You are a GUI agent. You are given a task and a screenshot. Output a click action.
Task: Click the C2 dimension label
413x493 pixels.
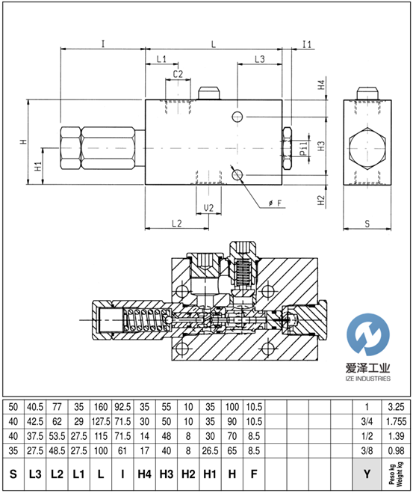click(x=178, y=74)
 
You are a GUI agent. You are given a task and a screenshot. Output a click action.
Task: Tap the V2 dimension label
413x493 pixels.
click(x=208, y=208)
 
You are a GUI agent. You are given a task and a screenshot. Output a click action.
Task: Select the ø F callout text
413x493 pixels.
click(x=275, y=203)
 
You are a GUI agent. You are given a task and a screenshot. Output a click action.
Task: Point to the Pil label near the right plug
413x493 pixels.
click(x=303, y=149)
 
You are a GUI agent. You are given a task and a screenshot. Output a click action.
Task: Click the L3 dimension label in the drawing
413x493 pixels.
click(x=260, y=59)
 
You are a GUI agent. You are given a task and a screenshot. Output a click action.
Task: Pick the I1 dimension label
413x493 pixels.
click(x=307, y=44)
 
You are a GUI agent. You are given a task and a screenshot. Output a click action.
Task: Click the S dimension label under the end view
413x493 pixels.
click(x=367, y=224)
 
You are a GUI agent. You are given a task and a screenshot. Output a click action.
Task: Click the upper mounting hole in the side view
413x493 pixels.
click(x=237, y=117)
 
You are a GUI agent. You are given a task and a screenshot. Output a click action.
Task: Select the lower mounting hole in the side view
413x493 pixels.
click(x=237, y=174)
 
